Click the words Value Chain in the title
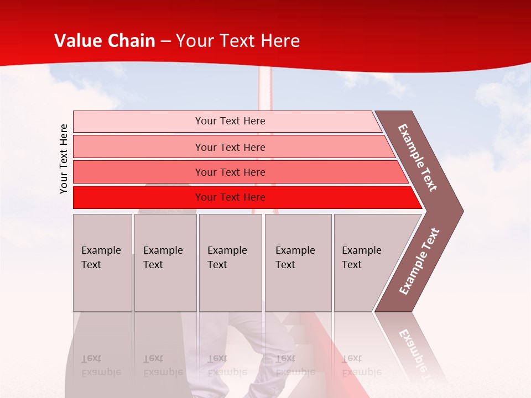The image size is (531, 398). pyautogui.click(x=105, y=41)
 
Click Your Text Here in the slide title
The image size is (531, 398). pyautogui.click(x=238, y=41)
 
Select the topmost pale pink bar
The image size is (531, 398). pyautogui.click(x=138, y=121)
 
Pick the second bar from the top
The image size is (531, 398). pyautogui.click(x=138, y=147)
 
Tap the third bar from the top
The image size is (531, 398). pyautogui.click(x=138, y=172)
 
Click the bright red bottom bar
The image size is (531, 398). pyautogui.click(x=138, y=197)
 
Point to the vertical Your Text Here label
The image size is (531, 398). pyautogui.click(x=64, y=159)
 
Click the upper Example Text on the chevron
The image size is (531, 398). pyautogui.click(x=418, y=158)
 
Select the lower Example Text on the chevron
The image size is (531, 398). pyautogui.click(x=419, y=261)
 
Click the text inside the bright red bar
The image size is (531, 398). pyautogui.click(x=230, y=197)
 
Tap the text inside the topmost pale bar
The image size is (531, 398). pyautogui.click(x=230, y=121)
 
